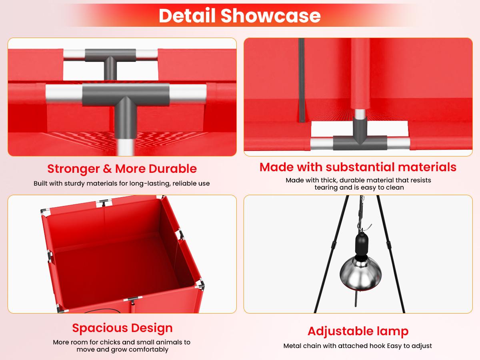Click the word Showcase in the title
coord(270,16)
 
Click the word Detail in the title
coord(187,16)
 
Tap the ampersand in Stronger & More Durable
coord(107,169)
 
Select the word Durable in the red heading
coord(172,169)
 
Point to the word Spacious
coord(100,328)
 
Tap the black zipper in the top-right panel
coord(302,80)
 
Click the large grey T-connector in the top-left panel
coord(126,109)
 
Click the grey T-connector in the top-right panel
coord(360,135)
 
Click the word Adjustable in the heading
coord(340,331)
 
